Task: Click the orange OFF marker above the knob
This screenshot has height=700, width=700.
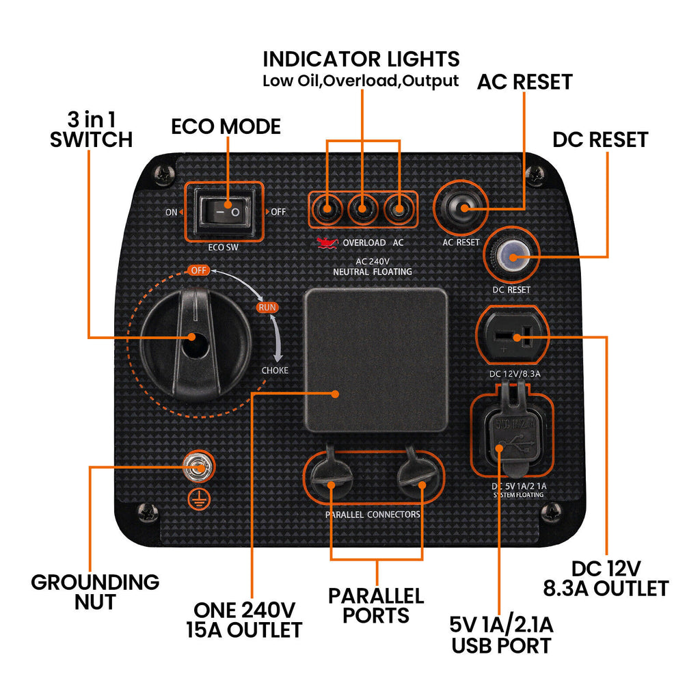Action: click(198, 270)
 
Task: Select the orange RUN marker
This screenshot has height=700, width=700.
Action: click(267, 308)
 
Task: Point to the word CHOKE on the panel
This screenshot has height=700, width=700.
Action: click(275, 371)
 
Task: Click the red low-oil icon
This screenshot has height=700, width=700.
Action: click(327, 242)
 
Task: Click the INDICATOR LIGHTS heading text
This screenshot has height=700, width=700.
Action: click(361, 58)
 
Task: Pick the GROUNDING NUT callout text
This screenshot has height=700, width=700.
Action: click(95, 592)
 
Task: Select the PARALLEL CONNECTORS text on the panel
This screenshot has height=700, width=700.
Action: click(373, 514)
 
